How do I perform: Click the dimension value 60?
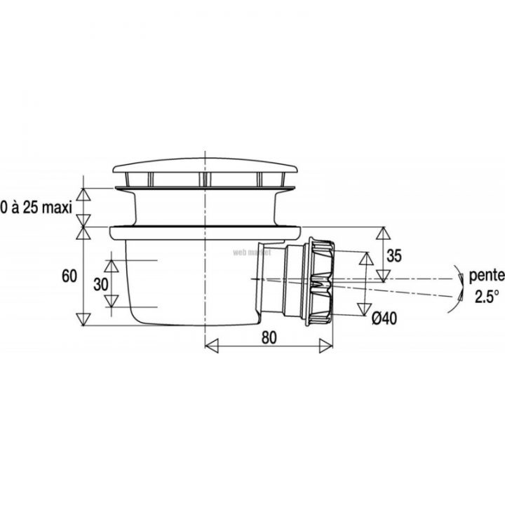(x=69, y=276)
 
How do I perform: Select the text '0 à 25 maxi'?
(x=36, y=208)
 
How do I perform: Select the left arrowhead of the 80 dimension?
(x=208, y=345)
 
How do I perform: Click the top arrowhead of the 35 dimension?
(x=384, y=231)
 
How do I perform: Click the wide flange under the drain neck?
(x=203, y=230)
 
